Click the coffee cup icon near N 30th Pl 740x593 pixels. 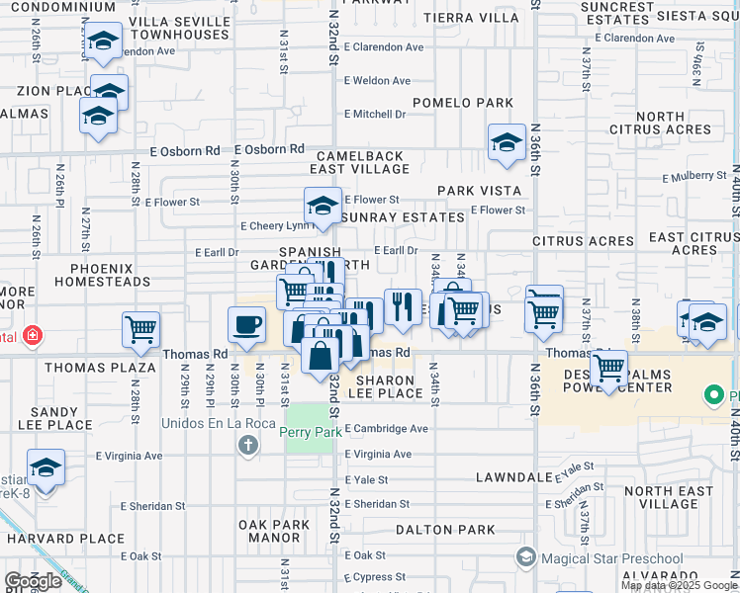coord(246,323)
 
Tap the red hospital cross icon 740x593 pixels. coord(33,335)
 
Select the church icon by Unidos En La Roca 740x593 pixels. coord(248,446)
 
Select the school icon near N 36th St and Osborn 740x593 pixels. coord(507,141)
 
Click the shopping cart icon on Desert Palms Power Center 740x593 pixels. coord(608,369)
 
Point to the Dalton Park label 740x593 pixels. coord(445,530)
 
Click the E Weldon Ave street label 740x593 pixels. coord(377,81)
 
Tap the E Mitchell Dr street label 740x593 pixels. coord(375,114)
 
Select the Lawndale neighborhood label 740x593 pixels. coord(512,476)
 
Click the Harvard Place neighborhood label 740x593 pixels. coord(65,539)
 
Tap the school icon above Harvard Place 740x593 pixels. coord(46,468)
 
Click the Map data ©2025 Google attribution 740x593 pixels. coord(678,585)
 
